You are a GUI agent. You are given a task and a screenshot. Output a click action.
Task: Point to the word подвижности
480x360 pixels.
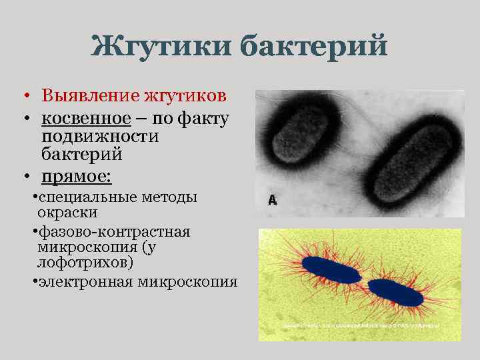[x=100, y=137]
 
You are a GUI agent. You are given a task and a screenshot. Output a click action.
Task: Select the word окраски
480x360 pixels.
[x=67, y=213]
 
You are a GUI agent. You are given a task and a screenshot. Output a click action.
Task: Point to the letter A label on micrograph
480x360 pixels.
[x=272, y=199]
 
